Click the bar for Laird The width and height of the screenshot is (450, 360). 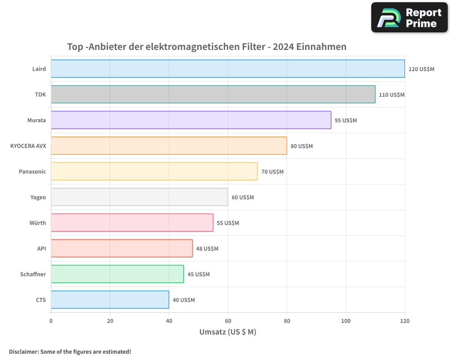228,69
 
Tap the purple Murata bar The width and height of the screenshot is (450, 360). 191,120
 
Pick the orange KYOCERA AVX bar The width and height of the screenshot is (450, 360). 169,146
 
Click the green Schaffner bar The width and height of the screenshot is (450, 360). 117,274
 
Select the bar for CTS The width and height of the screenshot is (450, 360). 110,300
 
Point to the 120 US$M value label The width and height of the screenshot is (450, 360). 421,69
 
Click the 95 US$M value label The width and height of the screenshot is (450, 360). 346,121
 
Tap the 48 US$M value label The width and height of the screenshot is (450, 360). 207,249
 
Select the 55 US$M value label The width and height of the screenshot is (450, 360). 228,223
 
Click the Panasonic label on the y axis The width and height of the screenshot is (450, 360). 32,171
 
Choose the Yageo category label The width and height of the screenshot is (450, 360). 38,197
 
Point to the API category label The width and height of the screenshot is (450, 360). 41,248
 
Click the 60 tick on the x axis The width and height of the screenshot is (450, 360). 228,321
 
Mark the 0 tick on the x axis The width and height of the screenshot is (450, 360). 51,321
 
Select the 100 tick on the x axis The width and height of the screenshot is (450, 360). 346,321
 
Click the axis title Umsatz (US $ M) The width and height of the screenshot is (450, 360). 228,332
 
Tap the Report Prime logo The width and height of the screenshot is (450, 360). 409,18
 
